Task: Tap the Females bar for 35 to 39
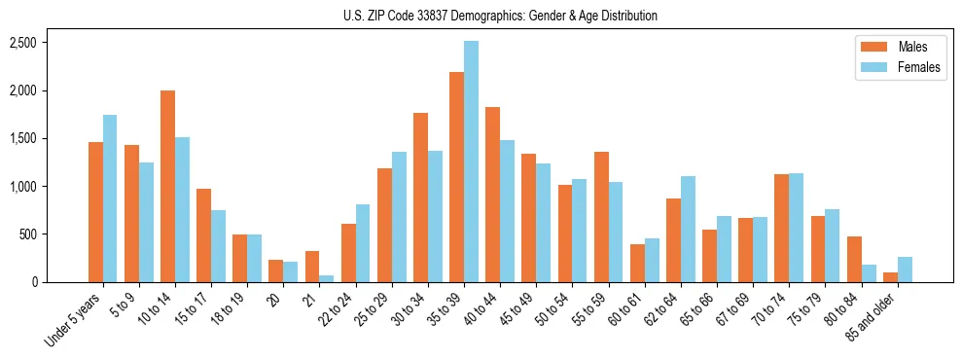tap(471, 162)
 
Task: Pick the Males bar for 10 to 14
tap(167, 186)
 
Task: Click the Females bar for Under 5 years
tap(110, 198)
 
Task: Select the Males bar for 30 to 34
tap(420, 198)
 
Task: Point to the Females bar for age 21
tap(327, 278)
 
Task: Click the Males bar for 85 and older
tap(890, 277)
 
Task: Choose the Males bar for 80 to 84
tap(854, 259)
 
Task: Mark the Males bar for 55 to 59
tap(601, 217)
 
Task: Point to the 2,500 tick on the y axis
tap(22, 43)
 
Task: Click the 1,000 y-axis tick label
tap(22, 187)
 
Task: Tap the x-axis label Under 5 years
tap(72, 320)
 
